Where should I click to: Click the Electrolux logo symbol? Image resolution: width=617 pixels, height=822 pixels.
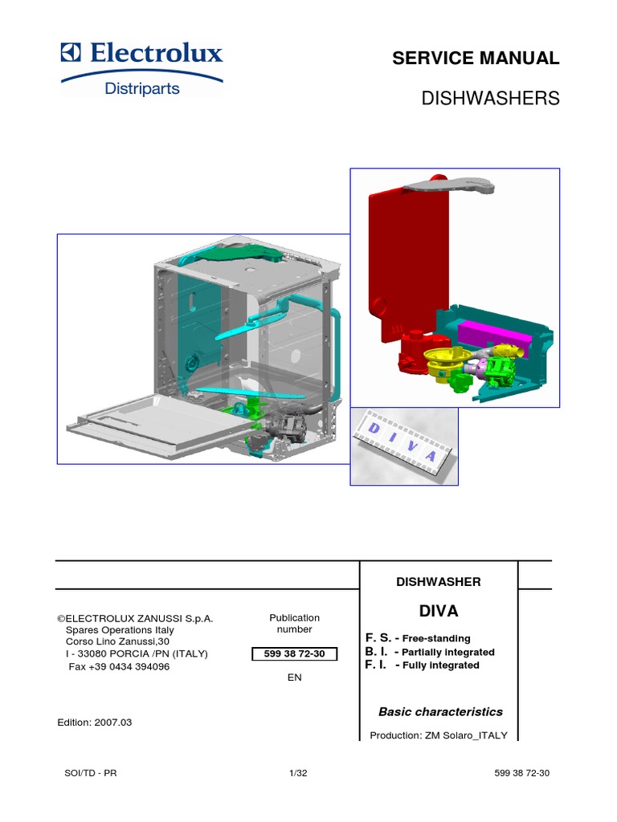pyautogui.click(x=72, y=54)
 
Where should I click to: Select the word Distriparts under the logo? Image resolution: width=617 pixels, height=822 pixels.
pyautogui.click(x=141, y=88)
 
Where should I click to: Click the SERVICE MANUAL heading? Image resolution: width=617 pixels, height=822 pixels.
pyautogui.click(x=475, y=58)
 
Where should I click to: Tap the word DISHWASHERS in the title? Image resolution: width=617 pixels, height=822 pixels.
pyautogui.click(x=490, y=99)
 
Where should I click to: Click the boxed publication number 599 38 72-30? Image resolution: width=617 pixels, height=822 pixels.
pyautogui.click(x=295, y=654)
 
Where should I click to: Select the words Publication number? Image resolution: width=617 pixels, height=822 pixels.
pyautogui.click(x=295, y=624)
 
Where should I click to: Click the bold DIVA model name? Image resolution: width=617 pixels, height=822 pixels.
pyautogui.click(x=438, y=612)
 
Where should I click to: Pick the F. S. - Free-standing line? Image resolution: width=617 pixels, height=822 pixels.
pyautogui.click(x=418, y=638)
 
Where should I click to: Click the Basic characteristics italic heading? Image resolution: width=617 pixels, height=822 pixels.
pyautogui.click(x=440, y=712)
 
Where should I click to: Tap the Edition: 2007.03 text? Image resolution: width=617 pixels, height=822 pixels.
pyautogui.click(x=95, y=722)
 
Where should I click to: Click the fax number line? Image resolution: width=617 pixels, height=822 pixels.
pyautogui.click(x=119, y=667)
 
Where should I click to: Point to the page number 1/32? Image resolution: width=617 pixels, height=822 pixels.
pyautogui.click(x=298, y=773)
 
